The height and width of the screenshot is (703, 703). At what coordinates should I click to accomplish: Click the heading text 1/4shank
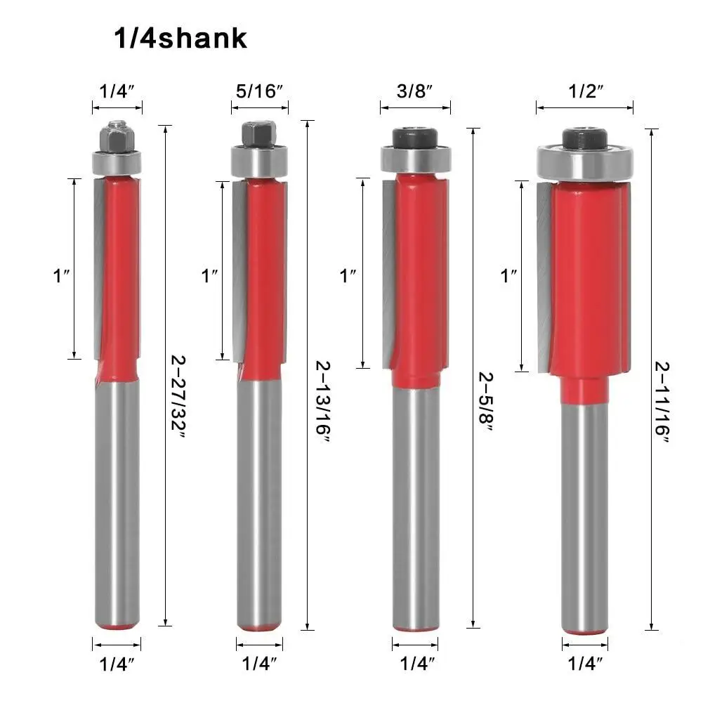pos(180,38)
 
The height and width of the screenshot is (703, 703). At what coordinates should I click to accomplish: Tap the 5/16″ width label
pos(260,91)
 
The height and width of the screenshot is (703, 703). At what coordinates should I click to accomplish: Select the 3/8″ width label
pos(415,91)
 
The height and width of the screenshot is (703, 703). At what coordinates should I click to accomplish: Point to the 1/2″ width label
pos(586,91)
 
